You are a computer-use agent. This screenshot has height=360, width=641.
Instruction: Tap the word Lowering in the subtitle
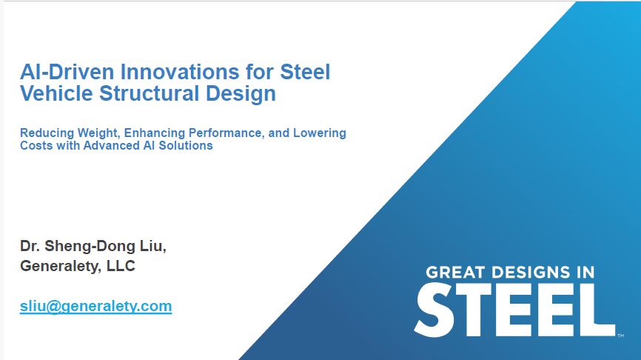point(319,133)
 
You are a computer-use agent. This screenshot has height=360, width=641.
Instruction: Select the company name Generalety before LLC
point(59,266)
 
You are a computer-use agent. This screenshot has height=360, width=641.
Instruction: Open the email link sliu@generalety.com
point(95,306)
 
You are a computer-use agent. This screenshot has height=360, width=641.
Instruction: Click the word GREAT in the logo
point(454,273)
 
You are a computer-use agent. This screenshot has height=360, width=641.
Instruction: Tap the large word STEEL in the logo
point(514,308)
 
